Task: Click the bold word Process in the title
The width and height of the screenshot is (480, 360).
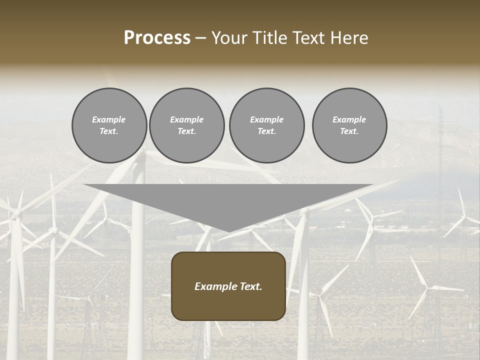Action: point(157,38)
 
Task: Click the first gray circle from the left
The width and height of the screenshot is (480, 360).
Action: point(109,125)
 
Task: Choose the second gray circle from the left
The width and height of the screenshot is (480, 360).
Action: point(186,125)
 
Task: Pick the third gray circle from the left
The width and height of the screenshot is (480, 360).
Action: point(266,125)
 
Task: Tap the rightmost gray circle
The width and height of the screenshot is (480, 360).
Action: point(349,125)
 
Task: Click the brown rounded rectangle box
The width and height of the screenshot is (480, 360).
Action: point(228,286)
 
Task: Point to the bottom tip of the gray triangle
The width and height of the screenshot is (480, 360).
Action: point(228,231)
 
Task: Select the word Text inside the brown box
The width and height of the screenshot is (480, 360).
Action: point(250,286)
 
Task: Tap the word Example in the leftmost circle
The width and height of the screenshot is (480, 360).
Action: point(109,119)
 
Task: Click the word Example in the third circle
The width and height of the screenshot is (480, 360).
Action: point(266,119)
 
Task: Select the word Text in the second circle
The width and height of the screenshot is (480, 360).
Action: point(186,131)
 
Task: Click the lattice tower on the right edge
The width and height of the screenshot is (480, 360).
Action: point(441,145)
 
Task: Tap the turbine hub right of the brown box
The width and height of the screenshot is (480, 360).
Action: point(319,294)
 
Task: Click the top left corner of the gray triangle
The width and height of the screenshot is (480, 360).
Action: point(84,185)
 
